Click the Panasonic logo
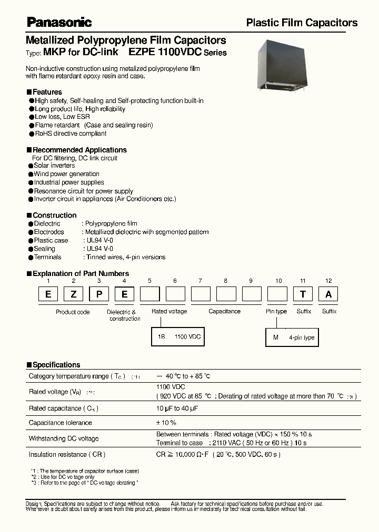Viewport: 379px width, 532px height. point(59,22)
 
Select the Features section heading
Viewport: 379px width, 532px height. point(47,92)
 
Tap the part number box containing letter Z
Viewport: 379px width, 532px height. point(73,294)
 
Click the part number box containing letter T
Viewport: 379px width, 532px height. point(303,294)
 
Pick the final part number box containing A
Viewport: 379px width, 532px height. point(328,294)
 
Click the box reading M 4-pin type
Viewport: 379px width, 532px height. point(293,337)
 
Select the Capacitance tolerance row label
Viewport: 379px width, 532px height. point(60,423)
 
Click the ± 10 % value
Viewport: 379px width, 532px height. point(166,423)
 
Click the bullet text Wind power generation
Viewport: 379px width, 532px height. point(66,174)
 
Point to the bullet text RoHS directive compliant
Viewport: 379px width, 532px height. point(71,134)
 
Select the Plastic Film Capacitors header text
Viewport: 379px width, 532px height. point(302,23)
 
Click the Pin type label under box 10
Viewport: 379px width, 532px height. point(276,311)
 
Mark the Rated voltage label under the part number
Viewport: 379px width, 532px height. point(169,311)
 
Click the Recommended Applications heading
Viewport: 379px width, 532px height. point(79,150)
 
